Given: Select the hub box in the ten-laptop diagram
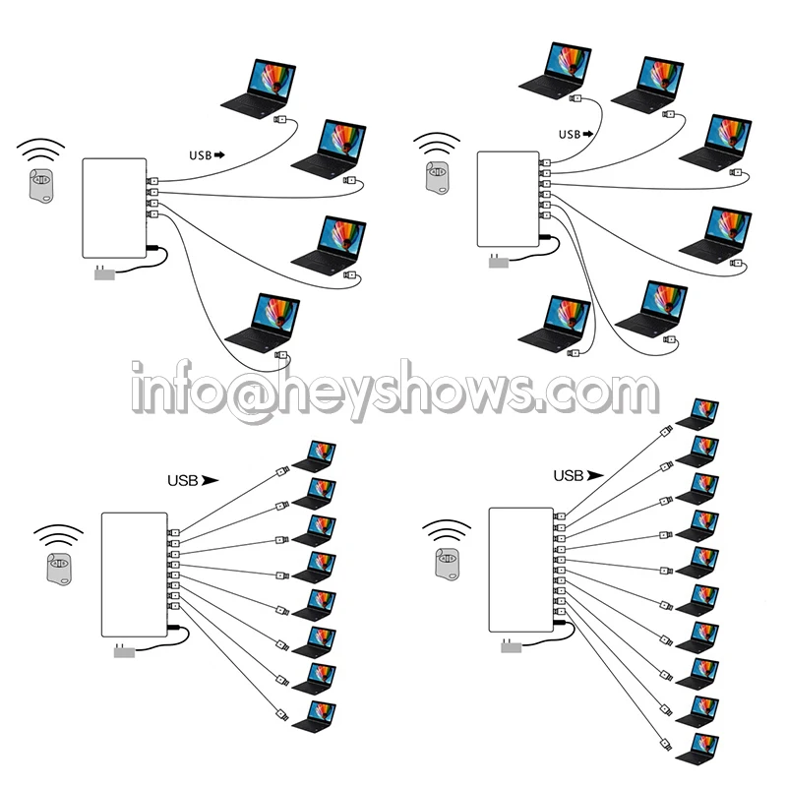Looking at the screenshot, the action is (520, 569).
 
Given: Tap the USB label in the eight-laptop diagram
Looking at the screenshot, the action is (184, 481).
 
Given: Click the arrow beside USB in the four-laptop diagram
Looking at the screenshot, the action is (218, 154).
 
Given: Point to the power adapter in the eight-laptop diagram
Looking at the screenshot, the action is (125, 651).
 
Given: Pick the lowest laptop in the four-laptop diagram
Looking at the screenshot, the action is (261, 324).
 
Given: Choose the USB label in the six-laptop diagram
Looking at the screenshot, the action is (571, 134).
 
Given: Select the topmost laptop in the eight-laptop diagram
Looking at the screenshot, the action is (312, 455).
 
